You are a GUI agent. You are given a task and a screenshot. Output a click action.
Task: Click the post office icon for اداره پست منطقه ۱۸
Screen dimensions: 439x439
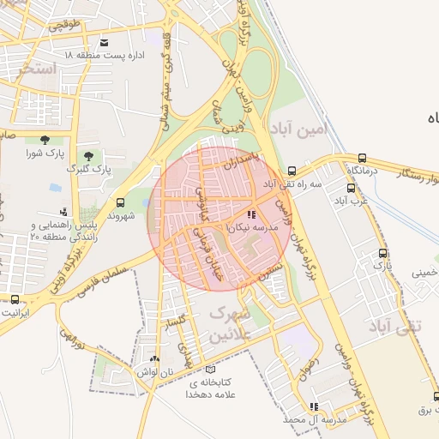tap(105, 42)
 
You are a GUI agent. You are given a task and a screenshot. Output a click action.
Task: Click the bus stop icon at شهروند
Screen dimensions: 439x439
tap(119, 203)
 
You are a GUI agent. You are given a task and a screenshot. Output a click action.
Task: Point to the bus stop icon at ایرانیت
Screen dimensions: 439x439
tap(15, 299)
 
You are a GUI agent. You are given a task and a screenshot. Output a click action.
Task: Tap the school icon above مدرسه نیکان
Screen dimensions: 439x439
tap(251, 214)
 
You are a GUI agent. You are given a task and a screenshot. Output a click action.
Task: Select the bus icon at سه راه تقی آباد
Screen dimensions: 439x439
tap(292, 171)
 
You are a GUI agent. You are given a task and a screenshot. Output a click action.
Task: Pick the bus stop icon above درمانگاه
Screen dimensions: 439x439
tap(363, 159)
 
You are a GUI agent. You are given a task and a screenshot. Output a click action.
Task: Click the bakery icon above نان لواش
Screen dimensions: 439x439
tap(153, 359)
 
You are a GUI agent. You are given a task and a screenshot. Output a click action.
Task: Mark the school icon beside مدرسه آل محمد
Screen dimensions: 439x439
tap(314, 406)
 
